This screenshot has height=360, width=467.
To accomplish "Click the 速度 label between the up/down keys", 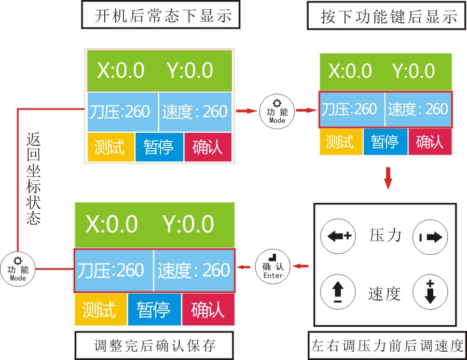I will [x=384, y=294].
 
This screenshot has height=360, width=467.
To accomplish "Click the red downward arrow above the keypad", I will [x=388, y=177].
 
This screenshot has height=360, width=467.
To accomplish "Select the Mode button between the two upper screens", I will [x=277, y=110].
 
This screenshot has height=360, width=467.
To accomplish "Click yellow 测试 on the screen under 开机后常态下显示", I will [x=111, y=147].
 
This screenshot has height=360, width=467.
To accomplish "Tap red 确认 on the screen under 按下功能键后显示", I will [x=430, y=142].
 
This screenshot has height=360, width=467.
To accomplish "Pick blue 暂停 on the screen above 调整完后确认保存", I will [x=154, y=310].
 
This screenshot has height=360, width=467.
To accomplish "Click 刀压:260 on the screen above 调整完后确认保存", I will [x=114, y=270].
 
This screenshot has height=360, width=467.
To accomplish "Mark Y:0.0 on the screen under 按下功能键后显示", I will [x=413, y=71].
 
